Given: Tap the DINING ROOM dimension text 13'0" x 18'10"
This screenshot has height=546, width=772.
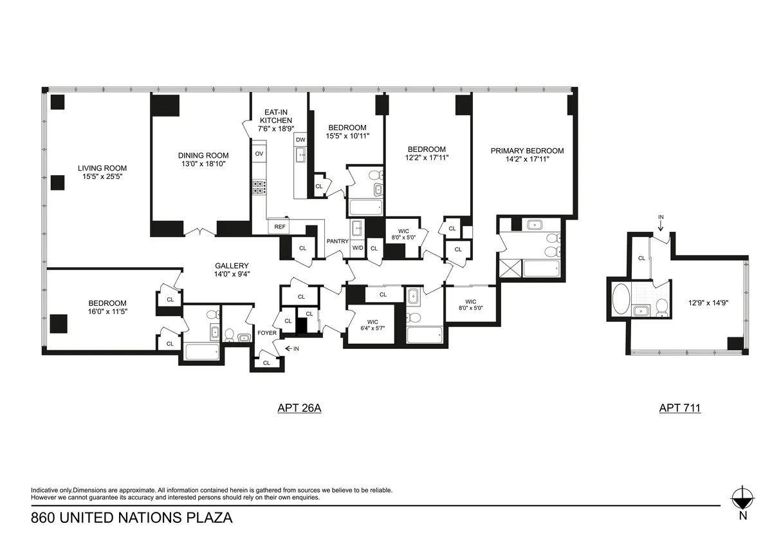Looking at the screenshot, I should pos(203,164).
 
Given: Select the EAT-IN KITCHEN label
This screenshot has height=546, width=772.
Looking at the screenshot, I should pos(275,116).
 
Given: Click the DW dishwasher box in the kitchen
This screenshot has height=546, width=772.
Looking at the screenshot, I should pos(300,140).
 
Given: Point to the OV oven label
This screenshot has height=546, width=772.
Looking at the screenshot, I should pos(259,154).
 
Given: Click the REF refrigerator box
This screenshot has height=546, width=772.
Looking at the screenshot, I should pos(280,227).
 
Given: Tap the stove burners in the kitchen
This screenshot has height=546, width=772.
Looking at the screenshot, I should pos(259,187).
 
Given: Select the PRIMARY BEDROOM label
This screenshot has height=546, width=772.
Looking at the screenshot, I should pos(527,151).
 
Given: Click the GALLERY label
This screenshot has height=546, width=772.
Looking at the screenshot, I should pos(232,265).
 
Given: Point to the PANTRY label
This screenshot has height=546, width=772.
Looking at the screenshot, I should pos(337,241).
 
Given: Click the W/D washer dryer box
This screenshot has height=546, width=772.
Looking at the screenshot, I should pos(358,248).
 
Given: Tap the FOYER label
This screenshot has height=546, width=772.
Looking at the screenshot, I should pos(267,333).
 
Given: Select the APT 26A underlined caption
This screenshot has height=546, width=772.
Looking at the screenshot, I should pos(299,408).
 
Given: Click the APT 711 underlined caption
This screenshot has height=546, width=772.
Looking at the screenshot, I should pos(679,408).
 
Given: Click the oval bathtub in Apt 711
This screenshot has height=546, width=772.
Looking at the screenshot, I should pos(621,299).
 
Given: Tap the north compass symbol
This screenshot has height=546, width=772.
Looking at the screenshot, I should pos(742,498).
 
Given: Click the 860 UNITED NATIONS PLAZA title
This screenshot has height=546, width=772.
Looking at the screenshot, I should pos(131,517).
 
